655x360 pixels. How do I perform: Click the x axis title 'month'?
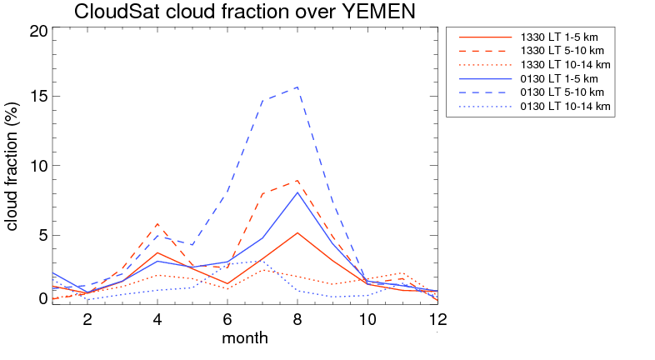pos(245,338)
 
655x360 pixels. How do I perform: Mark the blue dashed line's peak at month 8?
pos(297,87)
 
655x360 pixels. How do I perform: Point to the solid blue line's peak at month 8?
pos(297,192)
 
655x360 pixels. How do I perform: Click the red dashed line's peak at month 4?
pos(157,223)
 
